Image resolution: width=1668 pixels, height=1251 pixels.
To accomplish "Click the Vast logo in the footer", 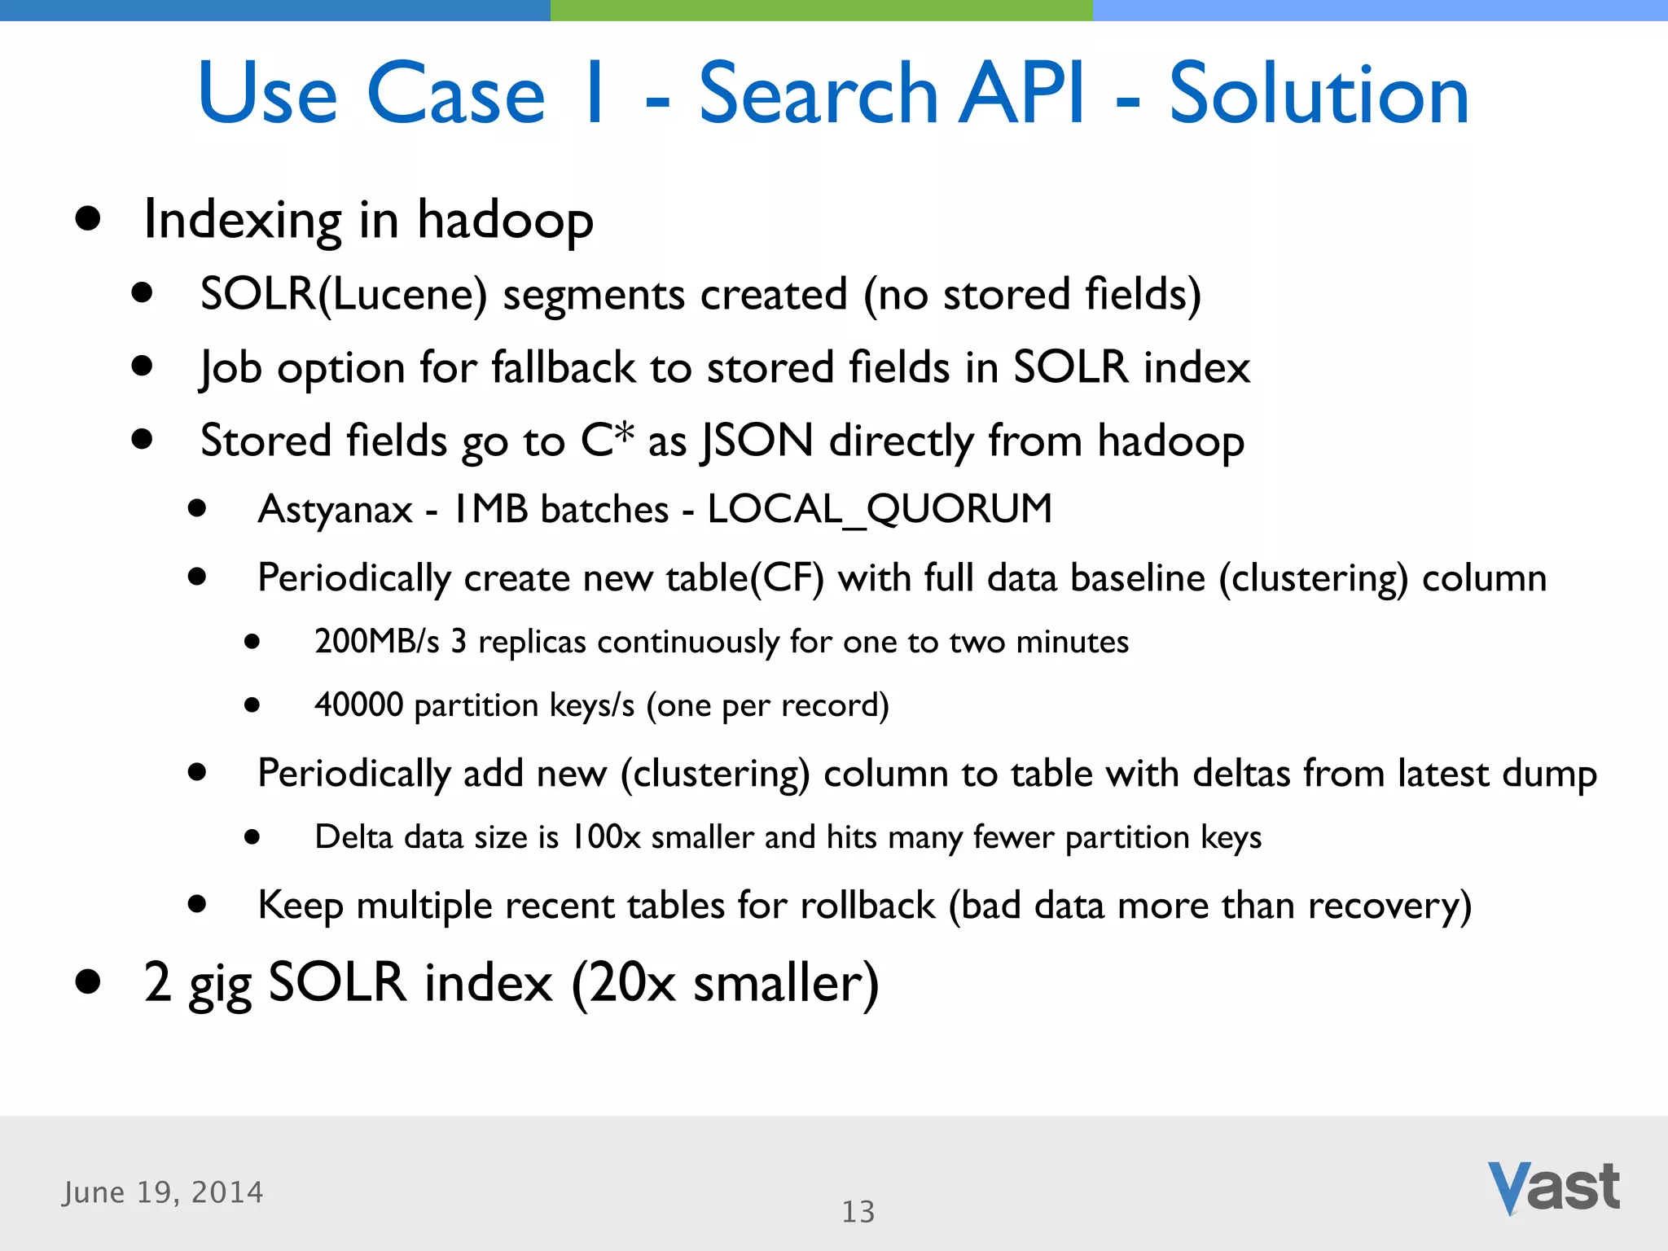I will point(1554,1188).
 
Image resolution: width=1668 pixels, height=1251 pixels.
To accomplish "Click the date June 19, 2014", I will point(163,1192).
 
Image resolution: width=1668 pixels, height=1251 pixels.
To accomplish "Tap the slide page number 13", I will point(858,1212).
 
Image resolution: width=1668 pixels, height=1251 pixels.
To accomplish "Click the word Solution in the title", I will point(1319,94).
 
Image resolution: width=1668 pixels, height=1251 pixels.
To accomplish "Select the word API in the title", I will point(1021,94).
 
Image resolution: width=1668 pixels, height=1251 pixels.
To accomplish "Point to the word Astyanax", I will point(335,510).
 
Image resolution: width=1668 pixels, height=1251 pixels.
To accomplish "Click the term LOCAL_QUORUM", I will point(880,510).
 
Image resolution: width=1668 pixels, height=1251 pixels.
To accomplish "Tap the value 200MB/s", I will point(376,642).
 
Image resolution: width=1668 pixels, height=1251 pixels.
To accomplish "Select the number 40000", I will point(358,705).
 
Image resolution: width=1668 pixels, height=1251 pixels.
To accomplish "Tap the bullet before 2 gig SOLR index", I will point(87,981).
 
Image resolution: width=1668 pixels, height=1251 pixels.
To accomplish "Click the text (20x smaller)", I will point(725,982).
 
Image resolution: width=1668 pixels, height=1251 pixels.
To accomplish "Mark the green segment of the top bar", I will point(821,10).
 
